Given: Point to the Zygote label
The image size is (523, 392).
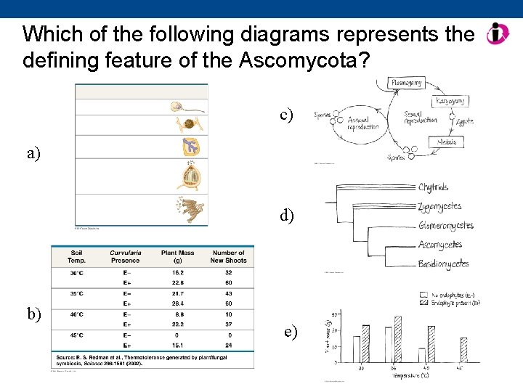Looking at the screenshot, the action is tap(463, 121).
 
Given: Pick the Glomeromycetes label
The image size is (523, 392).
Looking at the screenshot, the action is tap(446, 226).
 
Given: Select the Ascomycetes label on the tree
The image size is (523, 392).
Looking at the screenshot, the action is tap(439, 245).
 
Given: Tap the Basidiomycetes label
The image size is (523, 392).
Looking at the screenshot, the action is tap(443, 265).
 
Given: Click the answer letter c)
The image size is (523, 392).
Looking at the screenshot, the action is tap(287, 115).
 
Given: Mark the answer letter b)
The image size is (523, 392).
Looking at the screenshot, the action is tap(34, 314).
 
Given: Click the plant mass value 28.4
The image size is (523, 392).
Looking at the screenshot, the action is tap(173, 303).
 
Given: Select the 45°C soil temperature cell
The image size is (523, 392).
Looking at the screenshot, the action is tap(76, 335).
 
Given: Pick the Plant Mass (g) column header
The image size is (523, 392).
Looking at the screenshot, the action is tap(173, 256).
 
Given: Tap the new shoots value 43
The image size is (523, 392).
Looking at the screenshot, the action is tap(228, 293).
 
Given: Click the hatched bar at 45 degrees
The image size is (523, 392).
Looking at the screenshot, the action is tap(463, 349).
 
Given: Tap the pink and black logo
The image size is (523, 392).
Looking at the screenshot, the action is tap(498, 33).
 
